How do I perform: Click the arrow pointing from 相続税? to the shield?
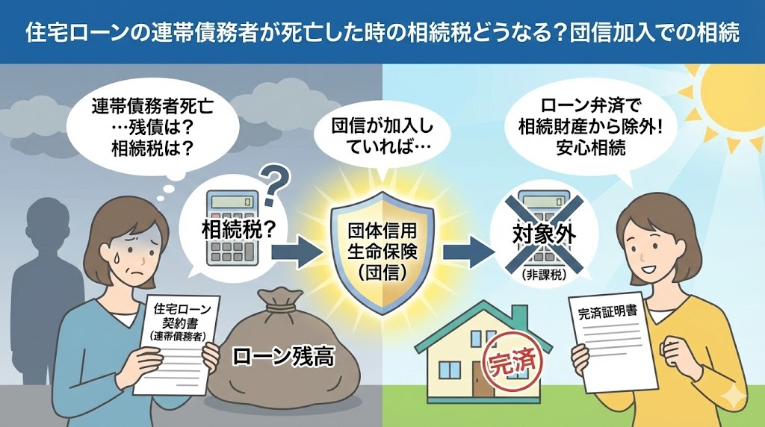coord(299,252)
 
